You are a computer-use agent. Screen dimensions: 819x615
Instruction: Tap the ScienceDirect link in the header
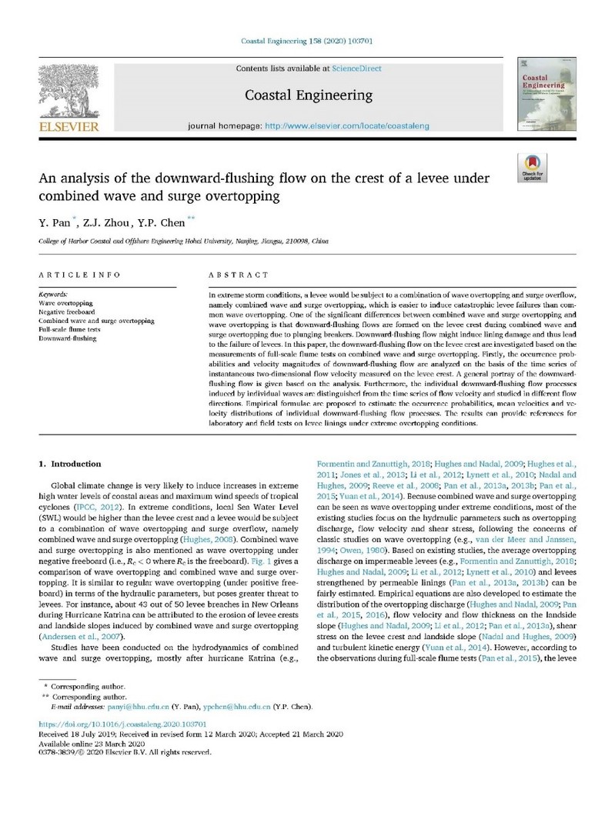coord(356,68)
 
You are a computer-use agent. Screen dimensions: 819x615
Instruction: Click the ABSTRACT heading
coord(239,275)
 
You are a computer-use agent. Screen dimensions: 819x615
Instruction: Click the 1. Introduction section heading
coord(69,464)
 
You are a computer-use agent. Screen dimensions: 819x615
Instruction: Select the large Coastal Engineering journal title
coord(307,95)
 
